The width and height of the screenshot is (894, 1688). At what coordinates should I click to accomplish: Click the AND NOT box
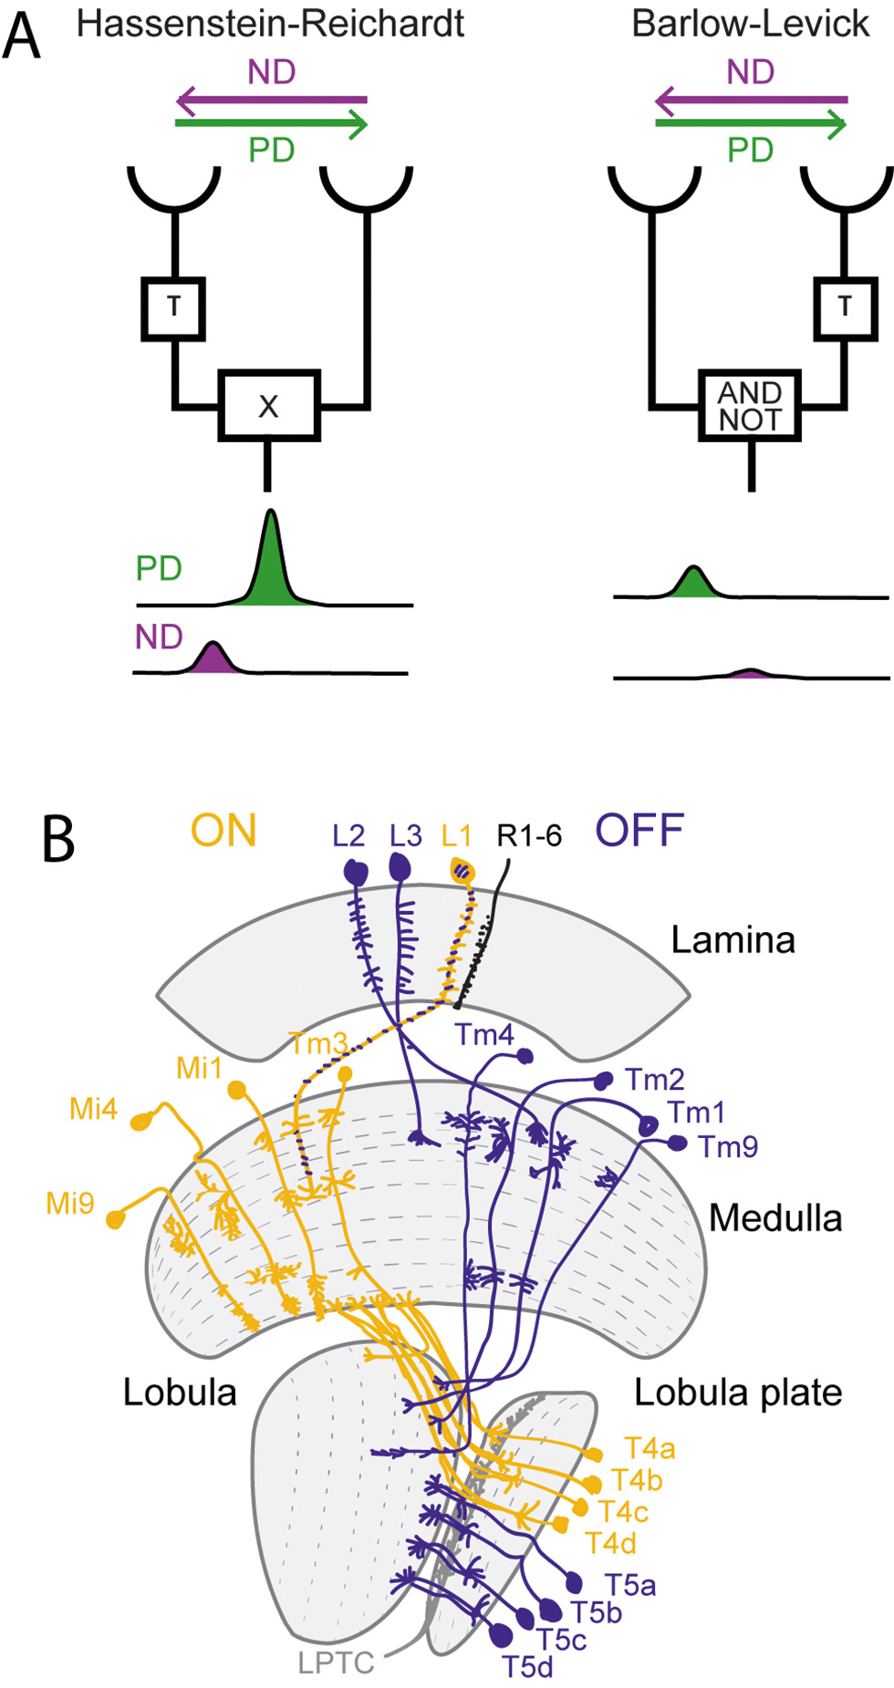750,406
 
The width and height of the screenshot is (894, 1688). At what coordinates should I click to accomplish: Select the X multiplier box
269,406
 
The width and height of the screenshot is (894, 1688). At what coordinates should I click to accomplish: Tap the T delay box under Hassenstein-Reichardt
173,307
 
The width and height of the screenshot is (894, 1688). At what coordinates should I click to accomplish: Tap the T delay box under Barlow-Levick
845,307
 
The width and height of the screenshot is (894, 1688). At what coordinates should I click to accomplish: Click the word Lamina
733,940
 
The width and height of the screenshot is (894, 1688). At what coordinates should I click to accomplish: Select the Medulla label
775,1218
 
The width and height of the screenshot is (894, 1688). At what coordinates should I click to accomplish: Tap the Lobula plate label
738,1393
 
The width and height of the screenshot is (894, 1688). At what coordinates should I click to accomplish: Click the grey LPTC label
336,1662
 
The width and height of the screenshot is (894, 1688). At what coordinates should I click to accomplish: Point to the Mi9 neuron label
70,1204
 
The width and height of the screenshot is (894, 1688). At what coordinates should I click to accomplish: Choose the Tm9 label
728,1146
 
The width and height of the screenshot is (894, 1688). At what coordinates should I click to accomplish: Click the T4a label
650,1448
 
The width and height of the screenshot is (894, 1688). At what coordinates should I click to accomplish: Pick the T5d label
527,1667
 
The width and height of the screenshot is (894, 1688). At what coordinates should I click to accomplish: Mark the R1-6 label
529,835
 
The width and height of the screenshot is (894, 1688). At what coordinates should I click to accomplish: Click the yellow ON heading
223,831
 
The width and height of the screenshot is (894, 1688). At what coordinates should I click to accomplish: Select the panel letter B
58,839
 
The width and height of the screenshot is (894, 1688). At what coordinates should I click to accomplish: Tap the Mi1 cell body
236,1089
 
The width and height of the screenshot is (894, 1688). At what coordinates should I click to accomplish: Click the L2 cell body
355,872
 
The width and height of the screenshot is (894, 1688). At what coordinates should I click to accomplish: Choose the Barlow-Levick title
750,25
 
